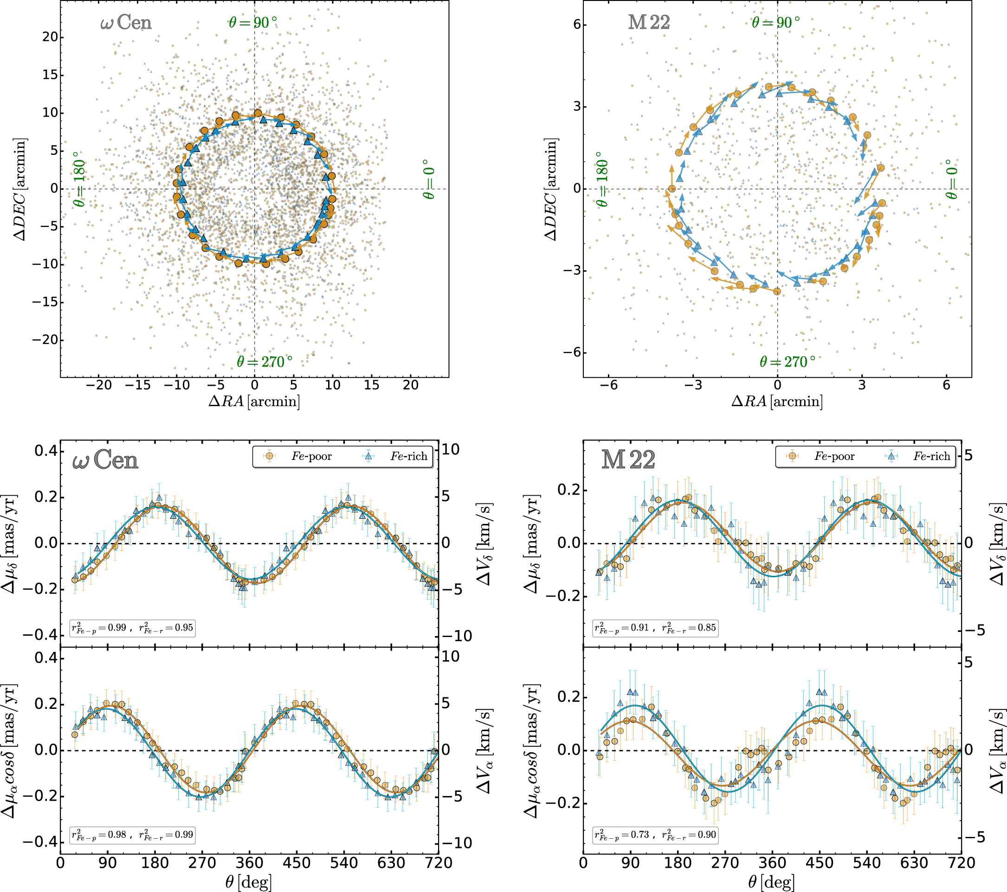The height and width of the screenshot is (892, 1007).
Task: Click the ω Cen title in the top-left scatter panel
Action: coord(126,23)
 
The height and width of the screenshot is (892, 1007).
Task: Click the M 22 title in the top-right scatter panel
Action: coord(649,23)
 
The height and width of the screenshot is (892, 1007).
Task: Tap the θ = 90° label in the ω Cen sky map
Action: coord(253,23)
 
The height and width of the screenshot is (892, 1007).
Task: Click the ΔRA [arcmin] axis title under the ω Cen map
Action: coord(254,401)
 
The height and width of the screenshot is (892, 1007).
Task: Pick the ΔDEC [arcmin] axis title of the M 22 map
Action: coord(551,190)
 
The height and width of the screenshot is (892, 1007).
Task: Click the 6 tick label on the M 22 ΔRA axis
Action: coord(946,385)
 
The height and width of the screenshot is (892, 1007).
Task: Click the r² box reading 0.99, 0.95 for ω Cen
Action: coord(133,628)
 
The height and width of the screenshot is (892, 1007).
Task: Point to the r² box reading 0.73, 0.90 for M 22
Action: coord(655,835)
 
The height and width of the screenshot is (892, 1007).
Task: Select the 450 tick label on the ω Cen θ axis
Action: coord(297,863)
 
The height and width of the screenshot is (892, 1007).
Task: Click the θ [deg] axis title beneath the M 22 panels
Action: coord(772,881)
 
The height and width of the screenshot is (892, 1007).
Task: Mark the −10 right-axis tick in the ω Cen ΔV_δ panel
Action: coord(456,636)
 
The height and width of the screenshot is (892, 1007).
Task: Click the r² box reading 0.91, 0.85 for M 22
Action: coord(655,628)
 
